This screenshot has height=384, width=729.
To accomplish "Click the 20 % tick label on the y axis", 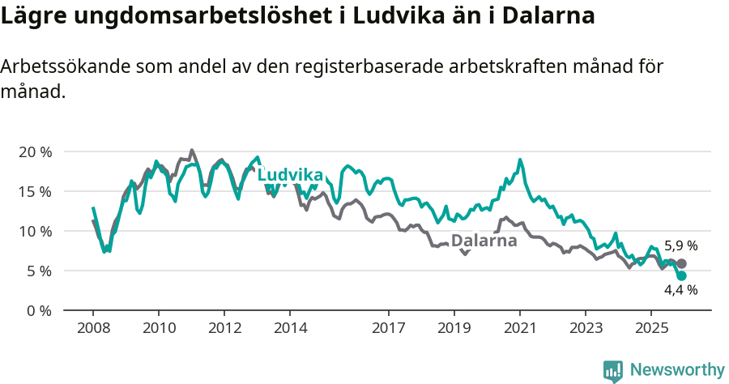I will click(x=34, y=152).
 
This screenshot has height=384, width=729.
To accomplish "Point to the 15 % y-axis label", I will click(x=34, y=192).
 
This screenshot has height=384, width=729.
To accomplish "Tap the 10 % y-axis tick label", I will click(x=34, y=232).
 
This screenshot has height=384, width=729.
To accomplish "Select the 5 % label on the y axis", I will click(x=38, y=271).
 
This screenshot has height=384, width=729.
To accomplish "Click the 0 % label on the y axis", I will click(x=38, y=311).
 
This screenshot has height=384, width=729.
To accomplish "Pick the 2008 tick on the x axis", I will click(x=93, y=328).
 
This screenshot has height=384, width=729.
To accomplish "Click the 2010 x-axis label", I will click(x=159, y=328).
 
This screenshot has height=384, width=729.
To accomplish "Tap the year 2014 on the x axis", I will click(x=290, y=328).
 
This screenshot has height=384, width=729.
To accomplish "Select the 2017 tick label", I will click(x=388, y=328).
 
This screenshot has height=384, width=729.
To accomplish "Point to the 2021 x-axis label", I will click(x=519, y=328).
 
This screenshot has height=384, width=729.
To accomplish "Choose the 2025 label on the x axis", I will click(x=650, y=328).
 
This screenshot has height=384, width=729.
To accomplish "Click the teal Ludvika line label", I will click(x=290, y=175).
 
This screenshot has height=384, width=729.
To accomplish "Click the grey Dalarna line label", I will click(x=484, y=241).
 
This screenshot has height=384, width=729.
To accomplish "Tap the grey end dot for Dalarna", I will click(x=682, y=263).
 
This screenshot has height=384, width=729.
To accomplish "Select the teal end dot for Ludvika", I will click(x=681, y=276).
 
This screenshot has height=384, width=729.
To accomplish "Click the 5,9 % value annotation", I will click(x=680, y=245).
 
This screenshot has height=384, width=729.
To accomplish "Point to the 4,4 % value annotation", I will click(x=680, y=289).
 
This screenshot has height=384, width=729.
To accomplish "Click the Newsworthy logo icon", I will click(x=613, y=370).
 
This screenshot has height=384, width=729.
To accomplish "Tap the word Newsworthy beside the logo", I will click(x=677, y=370).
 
